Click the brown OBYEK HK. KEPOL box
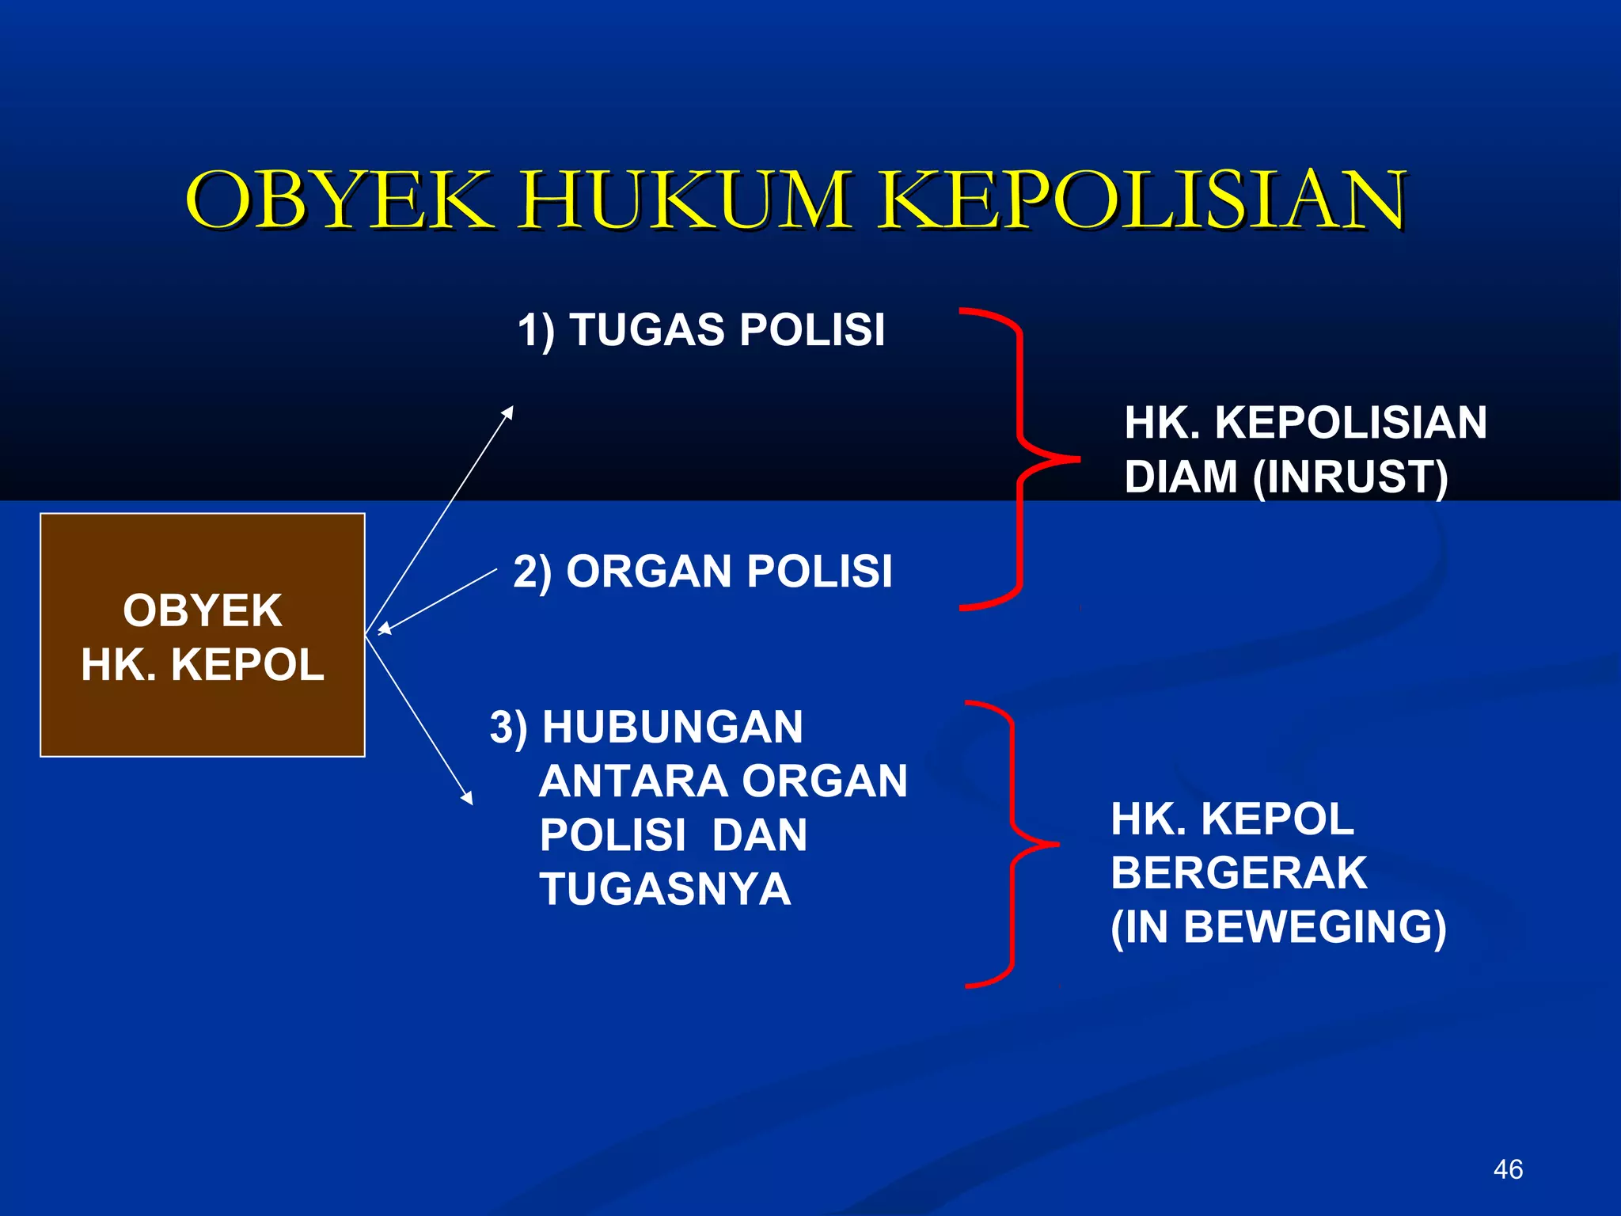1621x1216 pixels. [203, 635]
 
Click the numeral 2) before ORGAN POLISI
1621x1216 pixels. [532, 572]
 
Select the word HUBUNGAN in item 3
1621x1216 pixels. [673, 727]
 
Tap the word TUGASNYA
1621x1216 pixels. [665, 888]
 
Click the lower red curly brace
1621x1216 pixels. [1012, 844]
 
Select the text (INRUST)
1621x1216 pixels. [1350, 477]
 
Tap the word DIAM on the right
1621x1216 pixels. [1181, 477]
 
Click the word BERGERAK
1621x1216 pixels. [1239, 872]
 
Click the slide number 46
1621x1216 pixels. [1508, 1169]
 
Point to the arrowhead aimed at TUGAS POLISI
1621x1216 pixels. [508, 412]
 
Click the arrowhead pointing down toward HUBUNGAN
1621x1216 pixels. [467, 798]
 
